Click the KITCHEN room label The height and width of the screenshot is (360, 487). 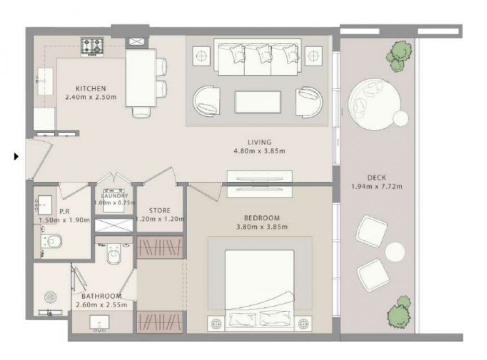[91, 88]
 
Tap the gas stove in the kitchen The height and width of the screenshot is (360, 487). [92, 47]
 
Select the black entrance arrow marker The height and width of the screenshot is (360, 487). [16, 156]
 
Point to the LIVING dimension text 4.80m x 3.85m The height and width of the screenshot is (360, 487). [260, 151]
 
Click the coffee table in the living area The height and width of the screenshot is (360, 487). [258, 102]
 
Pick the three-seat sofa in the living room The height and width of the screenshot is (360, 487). [258, 57]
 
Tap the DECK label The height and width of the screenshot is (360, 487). [377, 178]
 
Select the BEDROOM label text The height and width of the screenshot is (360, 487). [262, 218]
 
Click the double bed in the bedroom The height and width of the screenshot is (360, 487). [260, 290]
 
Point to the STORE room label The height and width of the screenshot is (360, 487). [160, 210]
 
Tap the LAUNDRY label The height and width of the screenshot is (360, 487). [114, 196]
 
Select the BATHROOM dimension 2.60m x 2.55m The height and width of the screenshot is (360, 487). [101, 305]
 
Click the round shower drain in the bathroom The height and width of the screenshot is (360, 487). [50, 298]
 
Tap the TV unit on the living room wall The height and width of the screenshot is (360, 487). [260, 184]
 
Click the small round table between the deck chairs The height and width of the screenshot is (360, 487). [395, 252]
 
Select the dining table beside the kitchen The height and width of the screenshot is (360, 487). [141, 78]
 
